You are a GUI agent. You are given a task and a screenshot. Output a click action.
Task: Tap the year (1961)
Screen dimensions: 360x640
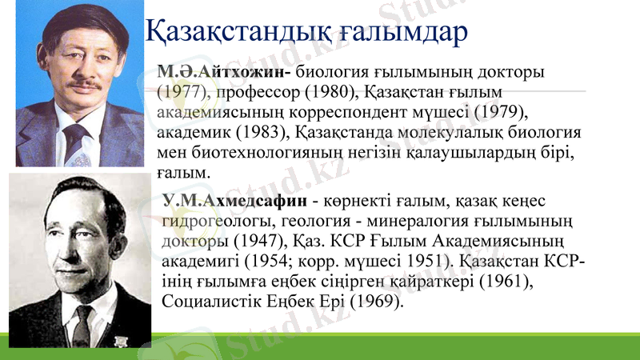tap(515, 282)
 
